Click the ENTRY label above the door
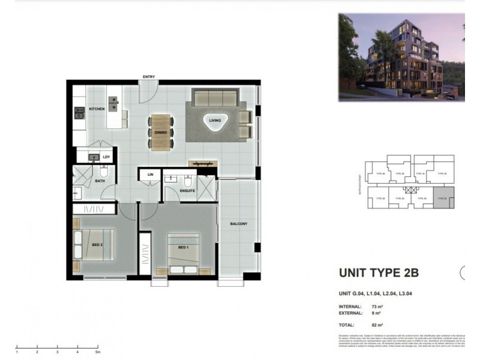(149, 76)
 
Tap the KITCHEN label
(97, 109)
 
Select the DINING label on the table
(161, 132)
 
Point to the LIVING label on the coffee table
(215, 121)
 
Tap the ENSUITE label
(188, 191)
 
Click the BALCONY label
(238, 224)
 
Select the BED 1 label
(183, 247)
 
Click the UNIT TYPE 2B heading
(379, 273)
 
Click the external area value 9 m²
(376, 313)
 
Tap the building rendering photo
(401, 56)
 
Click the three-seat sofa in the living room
(215, 97)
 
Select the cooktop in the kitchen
(79, 112)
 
